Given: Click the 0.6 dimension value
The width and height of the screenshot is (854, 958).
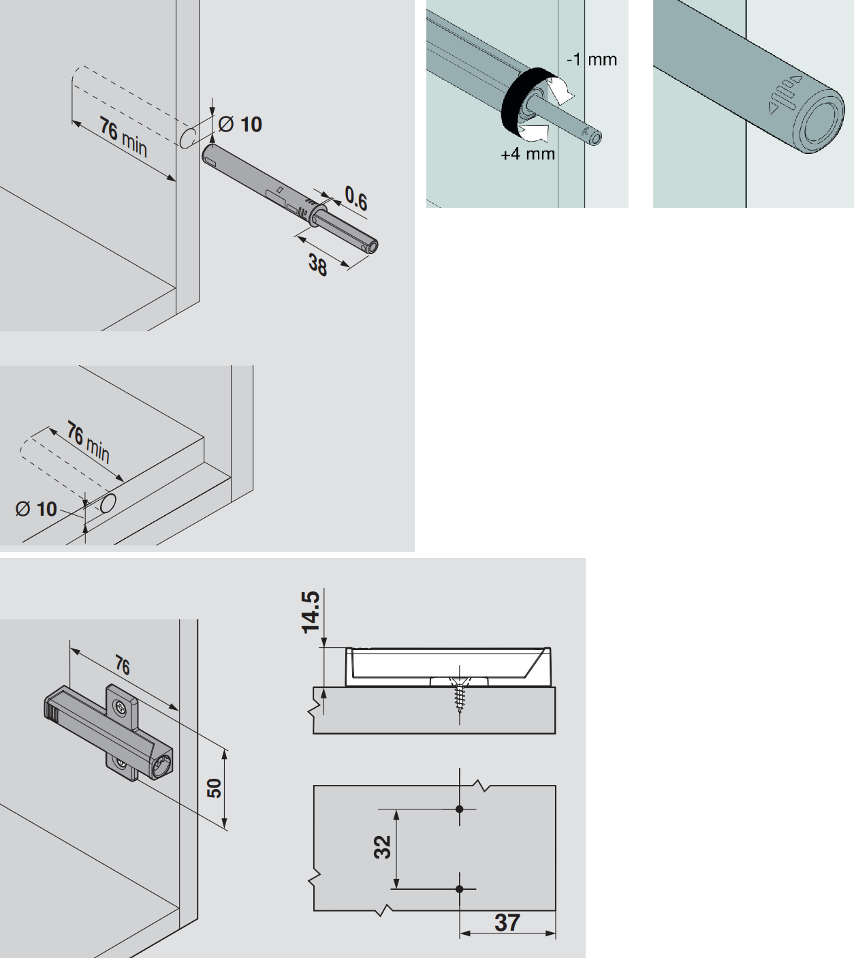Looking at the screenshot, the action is click(x=356, y=198).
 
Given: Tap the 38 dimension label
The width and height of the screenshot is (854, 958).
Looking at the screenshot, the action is click(x=317, y=265).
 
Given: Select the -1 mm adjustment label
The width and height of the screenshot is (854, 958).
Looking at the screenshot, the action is click(x=592, y=59).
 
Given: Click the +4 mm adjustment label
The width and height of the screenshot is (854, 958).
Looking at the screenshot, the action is click(x=527, y=154).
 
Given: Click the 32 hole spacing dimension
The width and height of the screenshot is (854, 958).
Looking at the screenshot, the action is click(x=382, y=847).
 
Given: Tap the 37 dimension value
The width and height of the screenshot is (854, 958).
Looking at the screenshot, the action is click(x=507, y=923).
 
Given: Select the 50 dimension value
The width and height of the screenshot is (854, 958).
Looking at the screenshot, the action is click(x=214, y=788).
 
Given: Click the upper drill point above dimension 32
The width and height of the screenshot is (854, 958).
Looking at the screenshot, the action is click(x=460, y=809).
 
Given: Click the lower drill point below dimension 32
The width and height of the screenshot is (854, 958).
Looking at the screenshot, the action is click(x=460, y=889).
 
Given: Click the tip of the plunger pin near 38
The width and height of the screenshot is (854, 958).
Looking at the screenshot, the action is click(x=373, y=247).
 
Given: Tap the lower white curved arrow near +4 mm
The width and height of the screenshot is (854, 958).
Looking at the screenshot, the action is click(x=534, y=133).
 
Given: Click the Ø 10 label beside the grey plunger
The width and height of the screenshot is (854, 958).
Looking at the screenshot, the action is click(x=240, y=125).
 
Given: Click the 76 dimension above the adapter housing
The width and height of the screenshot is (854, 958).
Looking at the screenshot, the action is click(x=123, y=666).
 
